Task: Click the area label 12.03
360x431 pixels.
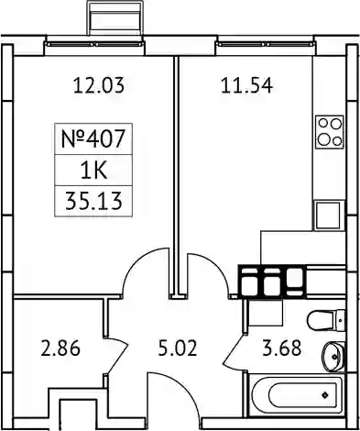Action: (99, 85)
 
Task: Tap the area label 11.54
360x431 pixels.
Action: (246, 85)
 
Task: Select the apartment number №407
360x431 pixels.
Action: (93, 138)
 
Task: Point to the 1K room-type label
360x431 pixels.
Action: (93, 171)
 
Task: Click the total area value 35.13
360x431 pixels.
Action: (93, 202)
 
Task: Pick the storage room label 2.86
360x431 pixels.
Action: (60, 348)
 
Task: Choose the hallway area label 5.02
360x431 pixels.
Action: (178, 348)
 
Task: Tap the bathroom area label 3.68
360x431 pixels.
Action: (282, 348)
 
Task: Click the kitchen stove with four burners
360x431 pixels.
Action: (330, 132)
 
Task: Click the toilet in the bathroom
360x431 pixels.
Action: (326, 321)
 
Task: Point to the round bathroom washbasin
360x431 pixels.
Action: (334, 357)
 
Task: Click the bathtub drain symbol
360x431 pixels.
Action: (324, 395)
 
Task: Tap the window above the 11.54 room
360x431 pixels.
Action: (265, 44)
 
